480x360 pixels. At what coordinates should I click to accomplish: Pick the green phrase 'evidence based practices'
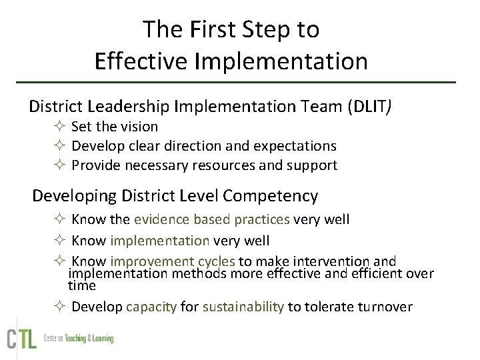tap(212, 219)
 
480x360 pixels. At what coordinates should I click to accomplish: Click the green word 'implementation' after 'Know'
tap(160, 240)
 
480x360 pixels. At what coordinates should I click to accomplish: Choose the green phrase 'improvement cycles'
tap(173, 261)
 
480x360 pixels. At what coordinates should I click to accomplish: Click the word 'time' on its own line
tap(82, 285)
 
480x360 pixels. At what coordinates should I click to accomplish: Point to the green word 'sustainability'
tap(243, 307)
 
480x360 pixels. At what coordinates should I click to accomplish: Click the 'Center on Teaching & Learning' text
tap(79, 339)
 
